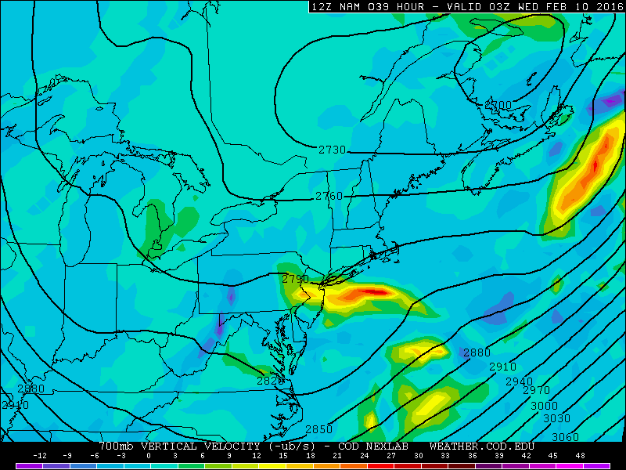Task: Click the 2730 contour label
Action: coord(332,150)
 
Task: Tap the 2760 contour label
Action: coord(329,196)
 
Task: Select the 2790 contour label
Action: coord(295,279)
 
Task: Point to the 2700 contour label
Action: coord(498,106)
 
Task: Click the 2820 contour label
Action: coord(270,381)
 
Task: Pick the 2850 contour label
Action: coord(318,429)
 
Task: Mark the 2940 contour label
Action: coord(519,381)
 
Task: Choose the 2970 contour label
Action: coord(536,390)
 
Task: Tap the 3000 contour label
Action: coord(544,406)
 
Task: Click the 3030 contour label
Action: coord(556,418)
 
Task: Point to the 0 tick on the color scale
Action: coord(148,455)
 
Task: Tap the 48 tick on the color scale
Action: coord(579,455)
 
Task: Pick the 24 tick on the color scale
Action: coord(364,455)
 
